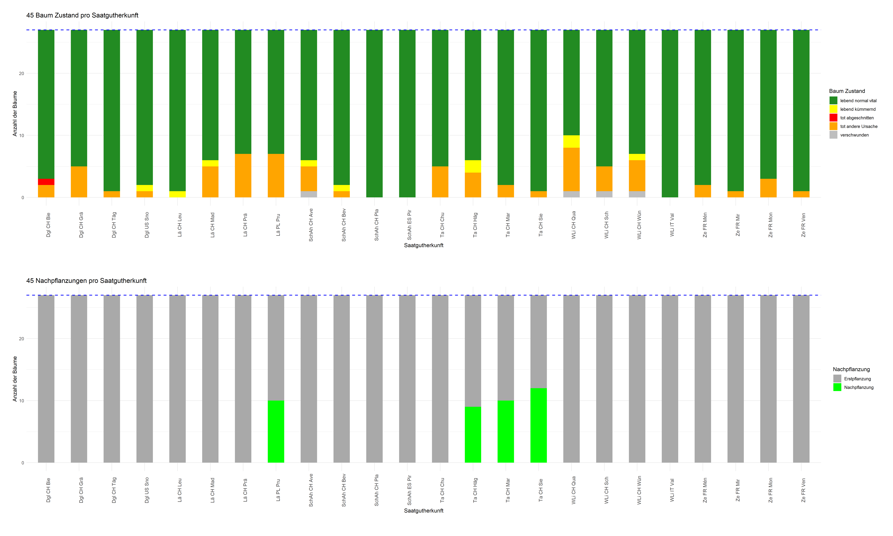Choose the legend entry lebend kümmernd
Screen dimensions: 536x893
click(858, 109)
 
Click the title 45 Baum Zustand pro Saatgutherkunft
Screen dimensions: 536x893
click(82, 15)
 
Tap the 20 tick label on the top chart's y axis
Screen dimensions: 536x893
click(21, 73)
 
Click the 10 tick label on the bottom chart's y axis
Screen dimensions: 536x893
click(21, 401)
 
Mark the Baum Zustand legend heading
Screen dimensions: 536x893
click(847, 91)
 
